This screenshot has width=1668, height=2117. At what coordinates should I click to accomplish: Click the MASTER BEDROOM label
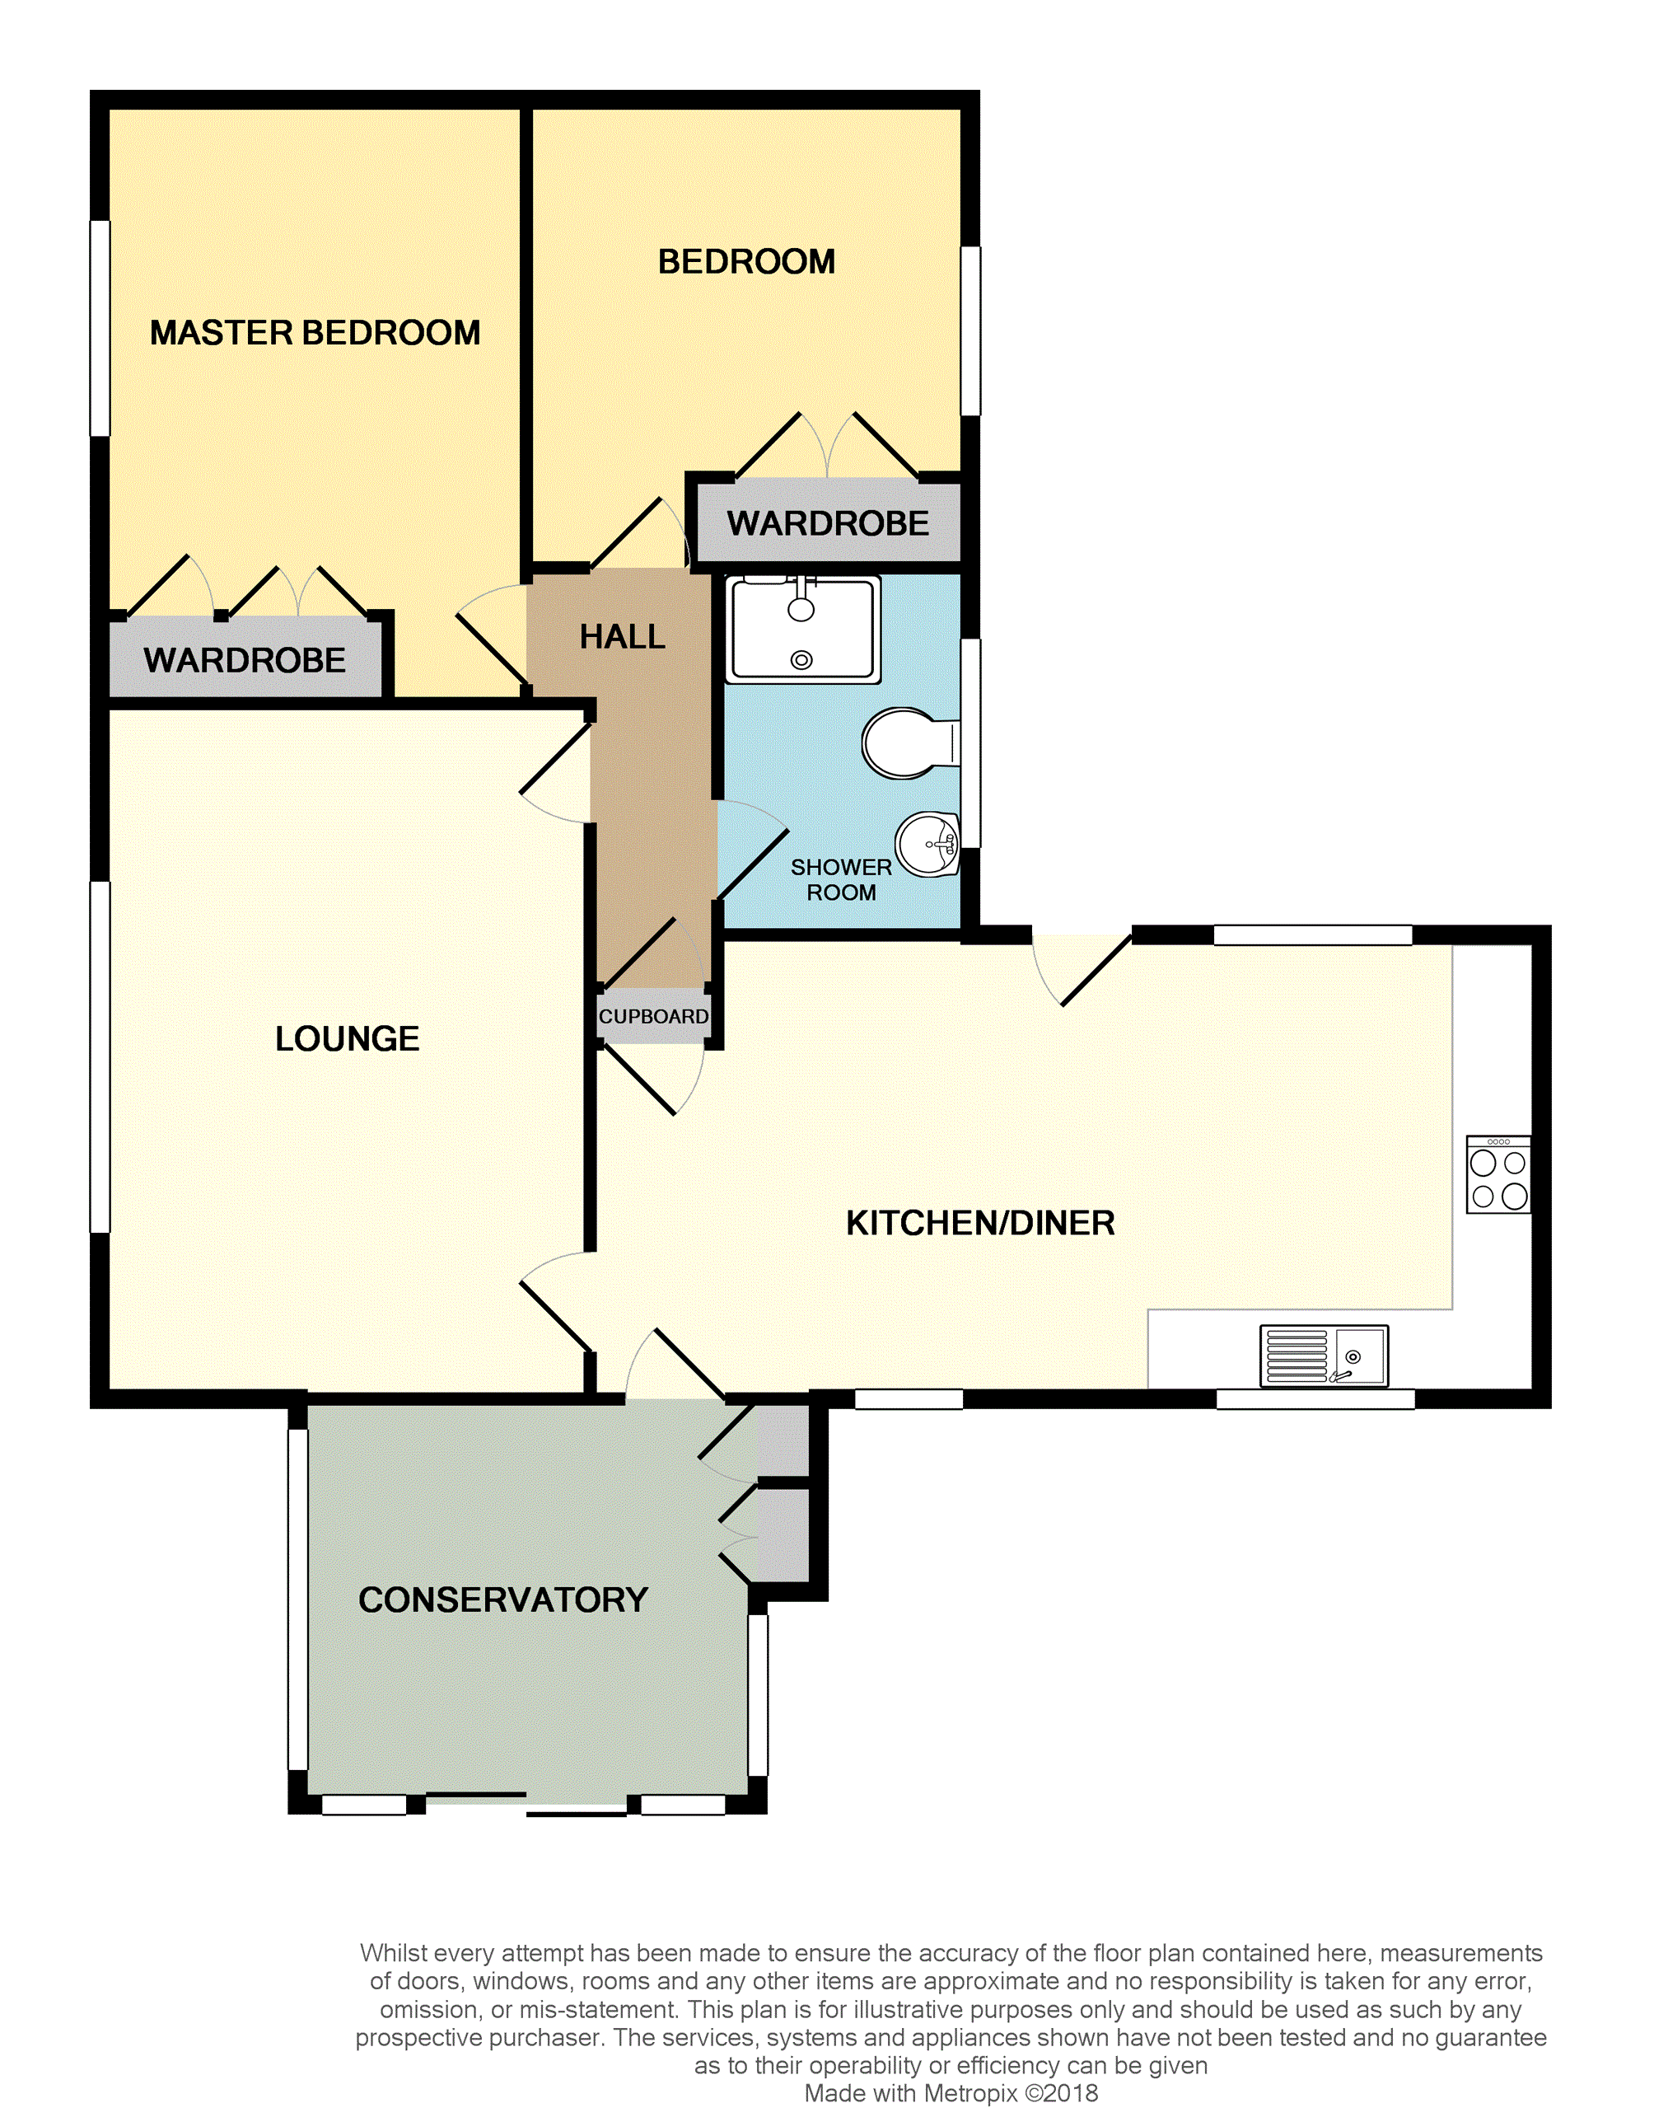(315, 333)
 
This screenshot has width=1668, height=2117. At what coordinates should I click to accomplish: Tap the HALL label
(622, 637)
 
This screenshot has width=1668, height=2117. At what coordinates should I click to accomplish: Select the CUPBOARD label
(653, 1016)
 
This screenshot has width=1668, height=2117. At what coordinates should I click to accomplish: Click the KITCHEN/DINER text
(979, 1223)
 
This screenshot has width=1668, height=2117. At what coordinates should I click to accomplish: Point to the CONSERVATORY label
(503, 1600)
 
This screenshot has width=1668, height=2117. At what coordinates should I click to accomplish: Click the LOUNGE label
(347, 1038)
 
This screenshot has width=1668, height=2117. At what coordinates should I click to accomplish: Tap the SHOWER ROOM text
(841, 879)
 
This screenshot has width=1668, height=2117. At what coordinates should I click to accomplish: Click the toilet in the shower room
(904, 743)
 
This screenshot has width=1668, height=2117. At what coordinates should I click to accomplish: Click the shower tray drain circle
(801, 660)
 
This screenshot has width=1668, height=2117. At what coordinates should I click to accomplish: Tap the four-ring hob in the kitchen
(1498, 1175)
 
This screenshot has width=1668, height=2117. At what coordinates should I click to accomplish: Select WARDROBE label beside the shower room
(827, 523)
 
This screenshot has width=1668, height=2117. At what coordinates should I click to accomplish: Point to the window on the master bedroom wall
(100, 327)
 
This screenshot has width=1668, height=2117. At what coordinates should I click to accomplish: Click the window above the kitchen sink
(1315, 1399)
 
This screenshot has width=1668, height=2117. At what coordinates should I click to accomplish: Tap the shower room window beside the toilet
(970, 742)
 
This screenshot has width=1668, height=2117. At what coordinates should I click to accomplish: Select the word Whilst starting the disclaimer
(395, 1953)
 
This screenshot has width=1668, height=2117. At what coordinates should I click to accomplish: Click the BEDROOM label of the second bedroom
(746, 262)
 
